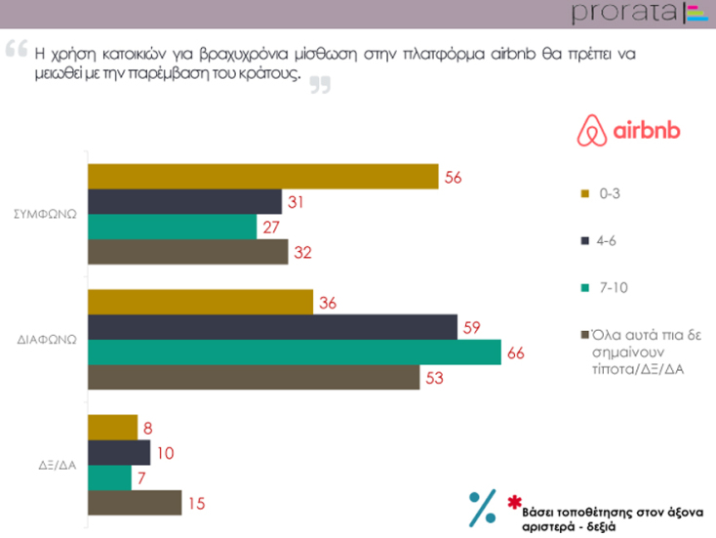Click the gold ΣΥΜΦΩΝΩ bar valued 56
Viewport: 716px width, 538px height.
point(262,177)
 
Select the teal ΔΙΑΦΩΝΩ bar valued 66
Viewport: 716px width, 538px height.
point(294,352)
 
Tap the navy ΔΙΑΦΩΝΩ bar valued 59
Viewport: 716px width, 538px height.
point(272,326)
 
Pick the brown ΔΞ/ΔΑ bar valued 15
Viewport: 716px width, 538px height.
point(135,503)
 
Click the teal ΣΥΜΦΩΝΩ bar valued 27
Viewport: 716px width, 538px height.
point(172,227)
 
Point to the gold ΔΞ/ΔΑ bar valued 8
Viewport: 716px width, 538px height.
point(112,427)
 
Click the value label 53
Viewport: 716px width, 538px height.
point(433,377)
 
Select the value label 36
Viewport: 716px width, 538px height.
point(328,303)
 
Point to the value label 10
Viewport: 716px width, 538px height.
point(166,453)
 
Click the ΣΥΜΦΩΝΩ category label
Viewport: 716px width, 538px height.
point(49,213)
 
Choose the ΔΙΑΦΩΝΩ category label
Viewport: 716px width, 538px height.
point(49,340)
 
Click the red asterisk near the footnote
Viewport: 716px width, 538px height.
point(513,503)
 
